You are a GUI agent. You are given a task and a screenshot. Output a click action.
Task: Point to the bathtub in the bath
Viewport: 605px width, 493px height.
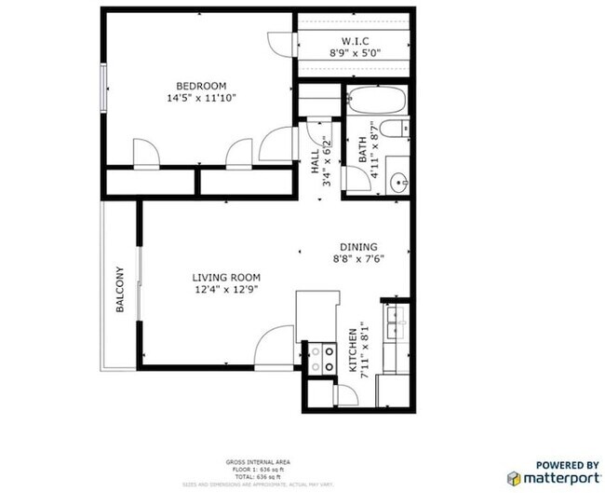click(375, 101)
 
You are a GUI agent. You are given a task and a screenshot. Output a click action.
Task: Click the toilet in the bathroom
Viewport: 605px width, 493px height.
click(396, 129)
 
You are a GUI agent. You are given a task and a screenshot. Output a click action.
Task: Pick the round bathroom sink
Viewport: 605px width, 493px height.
click(398, 183)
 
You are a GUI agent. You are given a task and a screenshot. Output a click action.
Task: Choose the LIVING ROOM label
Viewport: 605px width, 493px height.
click(226, 277)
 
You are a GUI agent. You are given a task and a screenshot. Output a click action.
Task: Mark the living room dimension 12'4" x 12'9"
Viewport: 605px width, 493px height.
click(226, 290)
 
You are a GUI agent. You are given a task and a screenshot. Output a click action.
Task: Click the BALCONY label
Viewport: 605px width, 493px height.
click(120, 290)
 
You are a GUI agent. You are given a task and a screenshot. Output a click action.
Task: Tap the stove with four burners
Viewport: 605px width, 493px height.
click(323, 359)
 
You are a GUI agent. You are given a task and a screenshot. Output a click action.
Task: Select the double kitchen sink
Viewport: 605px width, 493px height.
click(397, 322)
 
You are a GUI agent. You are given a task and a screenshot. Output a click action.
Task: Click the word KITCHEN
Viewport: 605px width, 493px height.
click(353, 351)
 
